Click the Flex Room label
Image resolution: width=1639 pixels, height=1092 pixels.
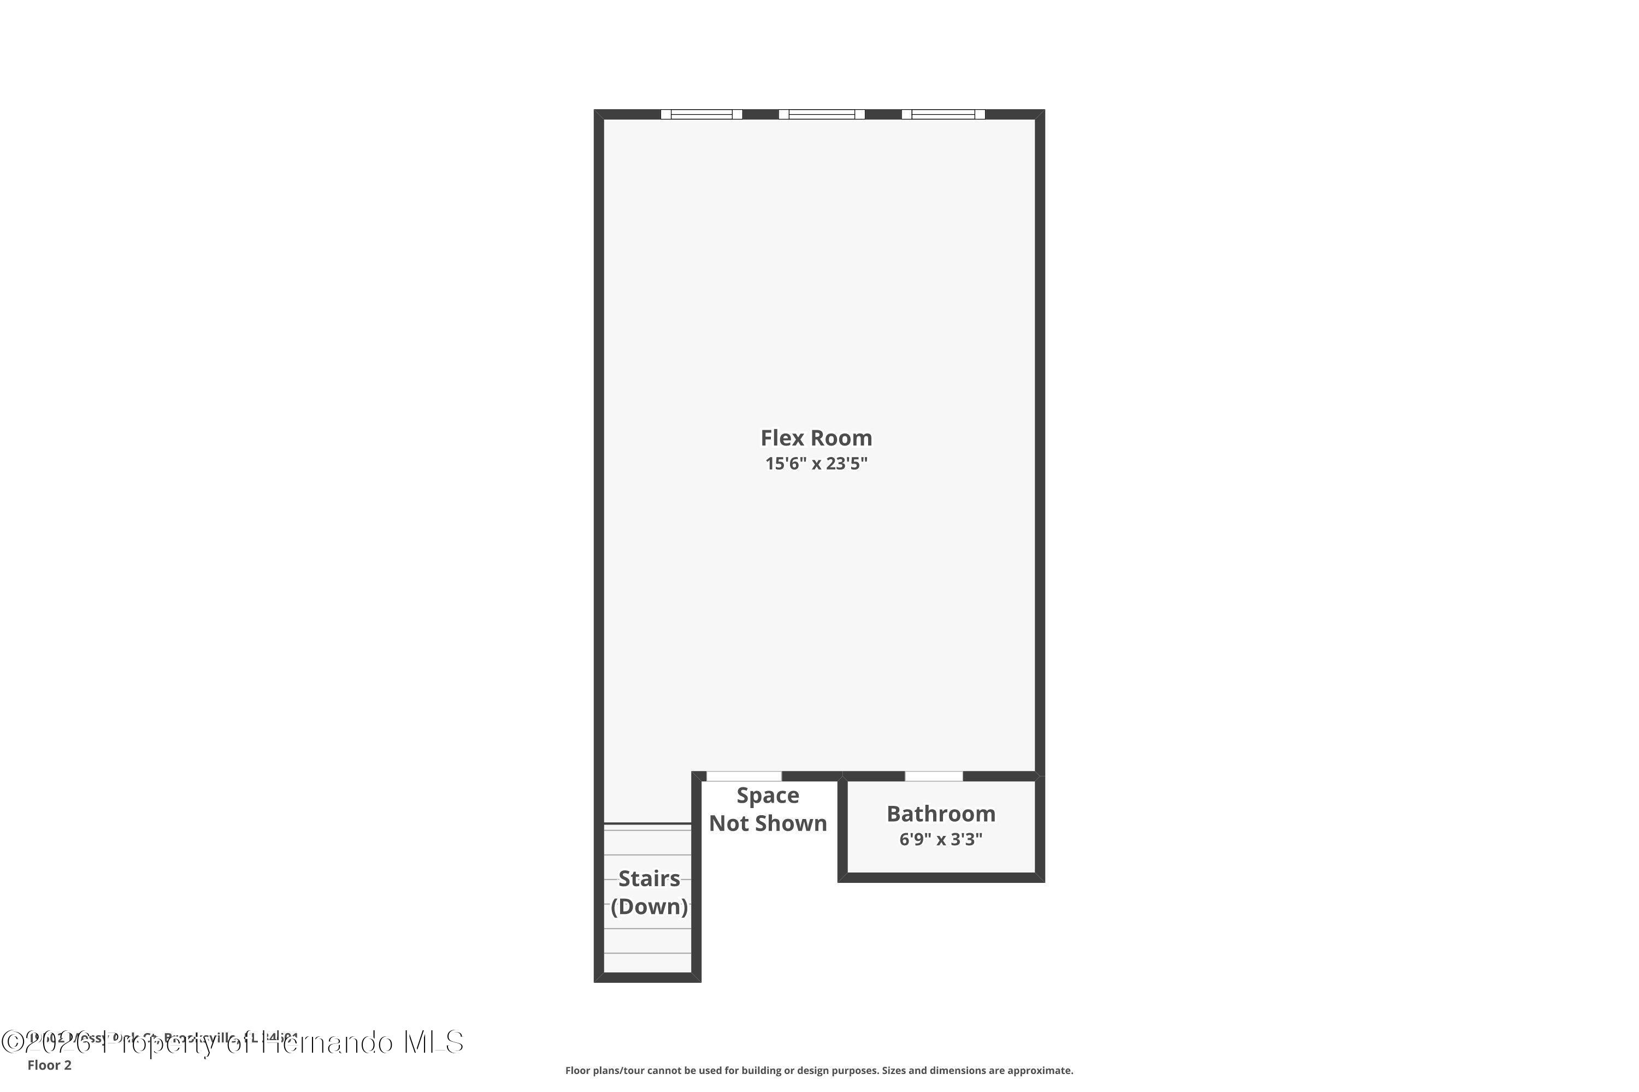(x=816, y=437)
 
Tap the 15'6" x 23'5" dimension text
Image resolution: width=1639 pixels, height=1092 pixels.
(x=816, y=464)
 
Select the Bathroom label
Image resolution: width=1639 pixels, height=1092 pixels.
(x=941, y=814)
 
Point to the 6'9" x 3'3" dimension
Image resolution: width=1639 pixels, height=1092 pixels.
(x=941, y=839)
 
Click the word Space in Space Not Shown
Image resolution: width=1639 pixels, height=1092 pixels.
(x=767, y=796)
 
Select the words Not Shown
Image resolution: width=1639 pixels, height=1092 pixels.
(x=767, y=823)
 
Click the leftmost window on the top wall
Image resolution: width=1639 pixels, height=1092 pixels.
(x=701, y=114)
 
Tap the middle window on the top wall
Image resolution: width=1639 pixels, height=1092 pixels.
(x=822, y=114)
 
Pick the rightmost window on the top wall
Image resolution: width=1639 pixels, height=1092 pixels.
(x=943, y=114)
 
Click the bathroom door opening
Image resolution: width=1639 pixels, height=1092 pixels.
(x=934, y=776)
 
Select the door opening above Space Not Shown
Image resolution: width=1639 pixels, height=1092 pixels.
(x=744, y=776)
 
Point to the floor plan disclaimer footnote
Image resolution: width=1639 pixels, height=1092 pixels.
(x=819, y=1070)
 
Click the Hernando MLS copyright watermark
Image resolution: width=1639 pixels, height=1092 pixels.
(x=232, y=1042)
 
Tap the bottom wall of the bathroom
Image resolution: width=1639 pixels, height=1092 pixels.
(x=941, y=877)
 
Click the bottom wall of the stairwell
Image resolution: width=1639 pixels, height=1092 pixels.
(x=647, y=977)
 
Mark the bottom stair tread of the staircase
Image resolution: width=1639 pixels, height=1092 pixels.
(x=647, y=963)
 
